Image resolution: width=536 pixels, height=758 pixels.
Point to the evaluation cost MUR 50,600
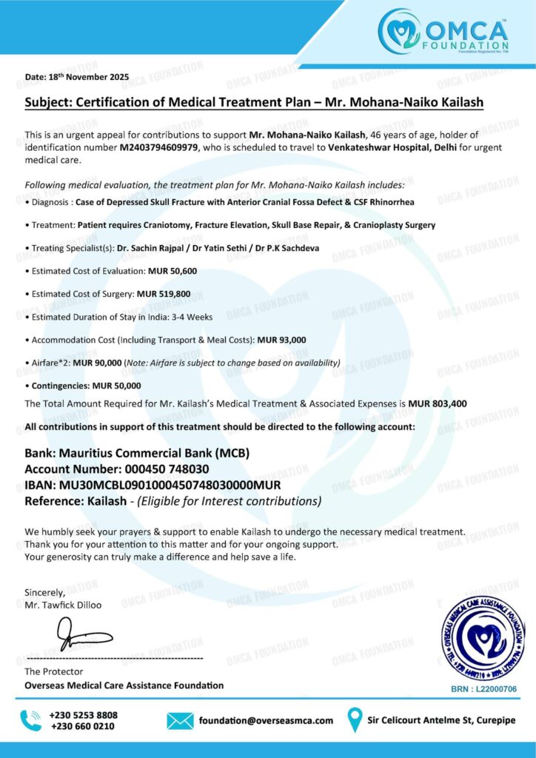pyautogui.click(x=172, y=271)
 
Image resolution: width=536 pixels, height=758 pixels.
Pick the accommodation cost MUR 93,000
pyautogui.click(x=281, y=340)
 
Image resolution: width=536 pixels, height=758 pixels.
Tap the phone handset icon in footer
pyautogui.click(x=31, y=720)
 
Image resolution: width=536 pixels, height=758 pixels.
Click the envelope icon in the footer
pyautogui.click(x=180, y=720)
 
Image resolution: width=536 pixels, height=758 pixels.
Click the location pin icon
pyautogui.click(x=355, y=720)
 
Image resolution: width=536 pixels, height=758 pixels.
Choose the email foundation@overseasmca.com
pyautogui.click(x=267, y=720)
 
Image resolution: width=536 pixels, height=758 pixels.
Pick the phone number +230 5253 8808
pyautogui.click(x=83, y=715)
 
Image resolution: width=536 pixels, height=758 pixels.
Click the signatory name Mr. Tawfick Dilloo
pyautogui.click(x=63, y=605)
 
